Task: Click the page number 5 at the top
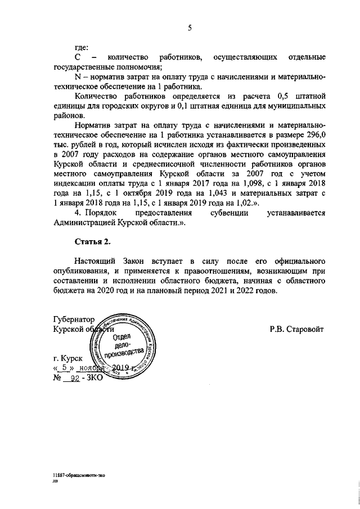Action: [190, 26]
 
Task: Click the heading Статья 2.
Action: [92, 242]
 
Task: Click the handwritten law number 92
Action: [71, 379]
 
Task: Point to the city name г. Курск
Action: [67, 358]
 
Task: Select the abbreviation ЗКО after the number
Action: [93, 379]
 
